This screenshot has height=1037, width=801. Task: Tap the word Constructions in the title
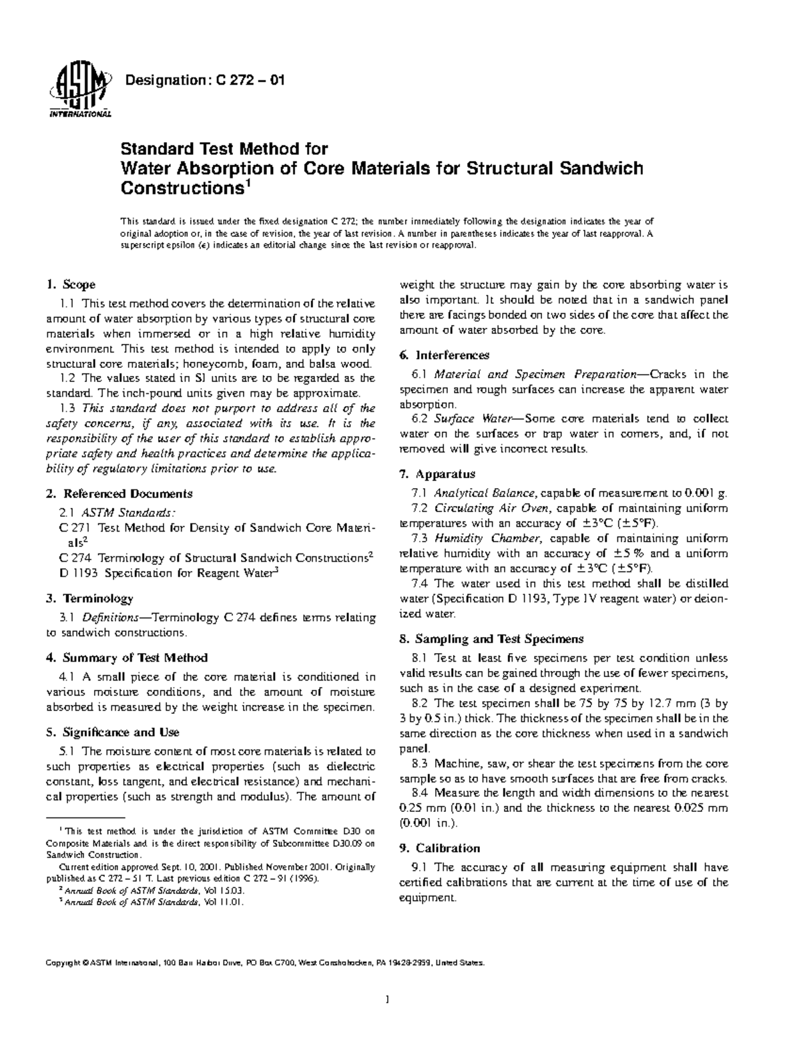(180, 188)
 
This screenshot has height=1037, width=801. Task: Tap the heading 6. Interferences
(444, 355)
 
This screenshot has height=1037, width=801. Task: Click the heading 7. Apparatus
(437, 474)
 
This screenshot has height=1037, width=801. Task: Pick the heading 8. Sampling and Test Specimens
(491, 639)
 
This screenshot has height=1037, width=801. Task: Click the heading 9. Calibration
(439, 848)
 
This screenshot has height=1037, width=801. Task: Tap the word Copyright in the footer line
(62, 964)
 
